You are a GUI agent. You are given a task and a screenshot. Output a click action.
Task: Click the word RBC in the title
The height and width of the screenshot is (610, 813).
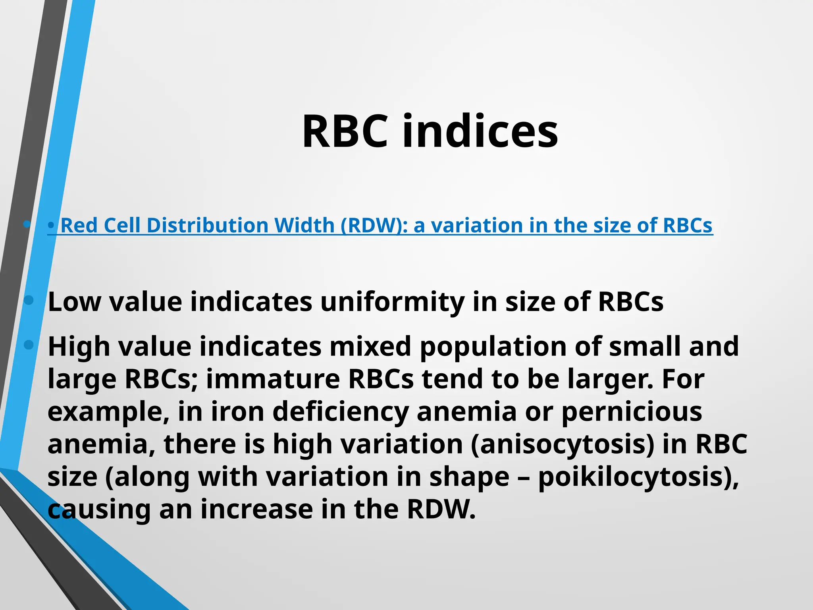click(345, 131)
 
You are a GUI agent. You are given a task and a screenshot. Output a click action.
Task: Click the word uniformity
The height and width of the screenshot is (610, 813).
click(392, 302)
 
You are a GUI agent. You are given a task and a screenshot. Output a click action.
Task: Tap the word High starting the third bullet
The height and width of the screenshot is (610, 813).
click(79, 346)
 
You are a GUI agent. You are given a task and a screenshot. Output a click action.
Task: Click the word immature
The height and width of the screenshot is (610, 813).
click(273, 379)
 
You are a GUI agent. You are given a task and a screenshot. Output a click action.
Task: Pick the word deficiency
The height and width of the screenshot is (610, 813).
click(341, 411)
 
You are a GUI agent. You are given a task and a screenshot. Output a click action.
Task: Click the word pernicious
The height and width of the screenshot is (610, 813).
click(632, 411)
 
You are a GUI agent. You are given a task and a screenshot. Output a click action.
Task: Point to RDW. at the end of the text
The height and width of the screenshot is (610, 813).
click(441, 509)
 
